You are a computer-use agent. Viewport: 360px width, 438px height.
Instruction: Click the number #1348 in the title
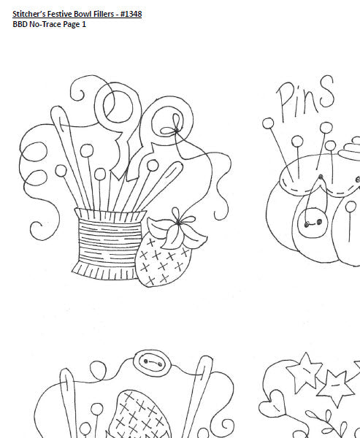coord(131,14)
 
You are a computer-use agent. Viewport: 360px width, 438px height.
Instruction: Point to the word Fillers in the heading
coord(105,14)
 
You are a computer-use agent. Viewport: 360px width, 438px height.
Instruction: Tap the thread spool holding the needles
coord(109,244)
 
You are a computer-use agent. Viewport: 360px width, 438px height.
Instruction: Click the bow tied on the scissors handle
coord(175,128)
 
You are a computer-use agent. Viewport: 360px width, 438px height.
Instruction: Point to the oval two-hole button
coord(153,361)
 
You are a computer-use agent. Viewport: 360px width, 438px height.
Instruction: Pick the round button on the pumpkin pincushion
coord(313,223)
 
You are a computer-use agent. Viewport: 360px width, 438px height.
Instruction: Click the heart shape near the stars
coord(272,403)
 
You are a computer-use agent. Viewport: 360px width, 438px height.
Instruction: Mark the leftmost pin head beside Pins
coord(268,123)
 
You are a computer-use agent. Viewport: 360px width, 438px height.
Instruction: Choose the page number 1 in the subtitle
coord(83,24)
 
